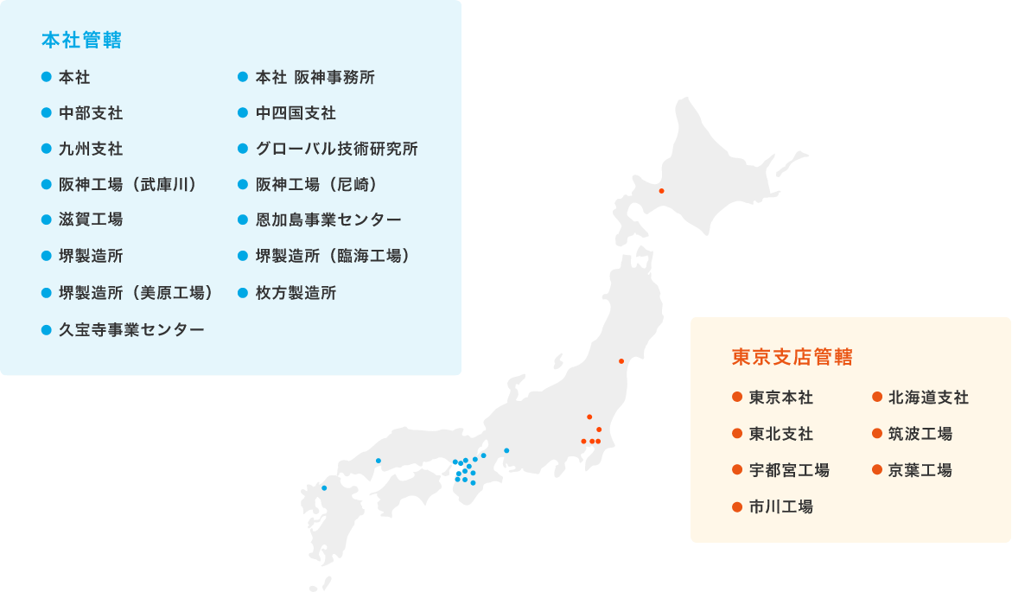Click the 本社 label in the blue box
(74, 78)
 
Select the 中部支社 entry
(91, 113)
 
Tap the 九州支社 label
(91, 149)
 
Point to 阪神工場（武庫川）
(129, 184)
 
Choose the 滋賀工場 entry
(91, 220)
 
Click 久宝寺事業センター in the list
(131, 329)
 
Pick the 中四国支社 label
(296, 113)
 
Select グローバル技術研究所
(336, 149)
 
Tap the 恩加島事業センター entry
(328, 220)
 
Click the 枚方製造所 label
(296, 293)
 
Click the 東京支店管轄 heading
(792, 357)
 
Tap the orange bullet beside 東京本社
(737, 398)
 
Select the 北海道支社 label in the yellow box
(928, 398)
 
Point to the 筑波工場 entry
(920, 434)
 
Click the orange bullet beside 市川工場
(737, 506)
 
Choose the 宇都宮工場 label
(789, 470)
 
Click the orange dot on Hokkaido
(661, 191)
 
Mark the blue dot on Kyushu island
(324, 488)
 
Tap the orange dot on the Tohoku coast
(621, 361)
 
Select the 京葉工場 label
(920, 470)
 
